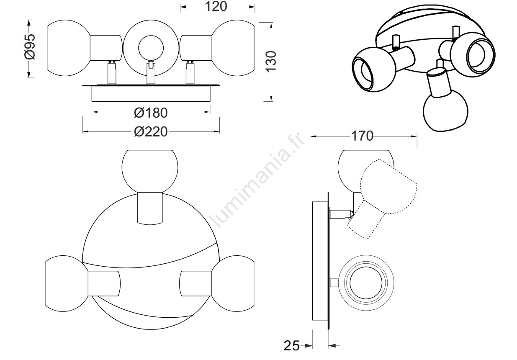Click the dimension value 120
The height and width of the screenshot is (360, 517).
216,6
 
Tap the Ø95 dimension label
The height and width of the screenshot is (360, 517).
30,47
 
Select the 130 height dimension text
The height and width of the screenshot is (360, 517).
271,62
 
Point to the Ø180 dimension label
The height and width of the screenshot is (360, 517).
151,113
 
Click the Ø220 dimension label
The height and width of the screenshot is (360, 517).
151,132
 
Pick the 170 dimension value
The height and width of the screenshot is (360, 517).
362,136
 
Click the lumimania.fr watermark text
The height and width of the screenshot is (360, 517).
257,180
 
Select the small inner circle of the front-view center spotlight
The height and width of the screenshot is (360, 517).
151,48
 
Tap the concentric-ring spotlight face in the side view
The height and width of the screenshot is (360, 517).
366,283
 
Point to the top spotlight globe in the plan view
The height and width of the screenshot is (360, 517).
150,171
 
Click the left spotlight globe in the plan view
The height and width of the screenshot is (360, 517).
67,284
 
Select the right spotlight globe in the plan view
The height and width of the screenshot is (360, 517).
233,284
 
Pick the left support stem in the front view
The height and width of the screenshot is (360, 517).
112,73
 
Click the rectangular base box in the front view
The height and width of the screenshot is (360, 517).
151,94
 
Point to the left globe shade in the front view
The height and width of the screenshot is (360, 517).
69,48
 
